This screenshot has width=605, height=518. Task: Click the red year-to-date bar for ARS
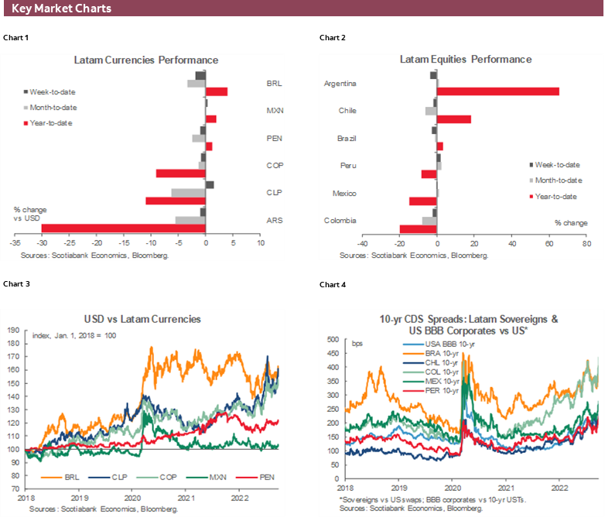pos(123,228)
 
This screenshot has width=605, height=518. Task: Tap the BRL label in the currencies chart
pos(273,81)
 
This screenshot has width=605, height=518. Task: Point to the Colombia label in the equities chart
pos(340,221)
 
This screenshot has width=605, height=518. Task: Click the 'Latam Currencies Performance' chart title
pos(146,60)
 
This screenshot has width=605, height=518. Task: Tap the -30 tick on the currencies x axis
pos(41,243)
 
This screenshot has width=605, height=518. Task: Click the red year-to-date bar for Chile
pos(454,119)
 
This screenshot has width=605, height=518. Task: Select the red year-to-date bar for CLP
pos(176,201)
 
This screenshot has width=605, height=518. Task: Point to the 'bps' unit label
pos(357,343)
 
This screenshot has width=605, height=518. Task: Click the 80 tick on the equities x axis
pos(586,243)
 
